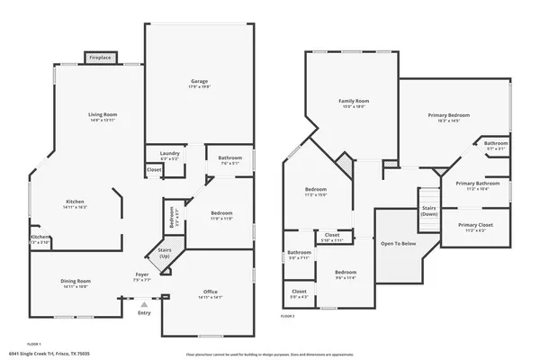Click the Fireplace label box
[100, 58]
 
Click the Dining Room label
[76, 283]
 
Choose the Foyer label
[142, 276]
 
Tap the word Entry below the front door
[145, 312]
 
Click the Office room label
[211, 292]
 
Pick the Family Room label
[354, 103]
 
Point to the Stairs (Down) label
[429, 211]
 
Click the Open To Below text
[398, 244]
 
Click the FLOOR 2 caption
[288, 316]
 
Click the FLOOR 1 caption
[34, 343]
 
